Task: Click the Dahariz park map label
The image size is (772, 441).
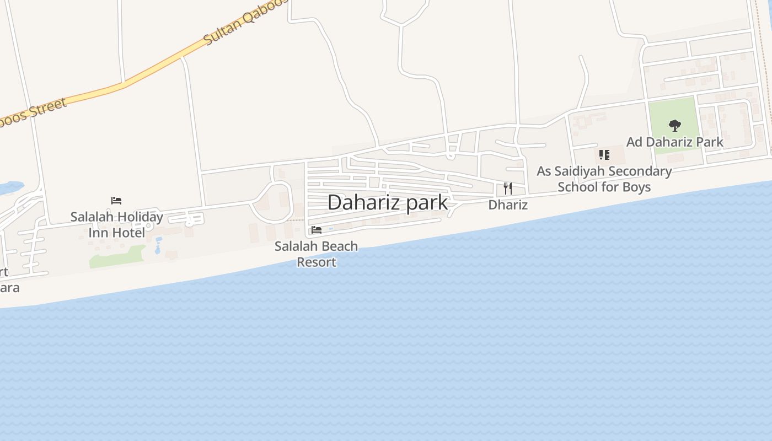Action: pos(387,202)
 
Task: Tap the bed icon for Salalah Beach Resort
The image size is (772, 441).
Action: pos(317,229)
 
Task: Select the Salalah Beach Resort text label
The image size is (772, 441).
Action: pos(317,254)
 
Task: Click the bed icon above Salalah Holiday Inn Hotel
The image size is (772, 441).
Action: pos(116,201)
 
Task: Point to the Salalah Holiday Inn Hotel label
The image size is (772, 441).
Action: pos(116,224)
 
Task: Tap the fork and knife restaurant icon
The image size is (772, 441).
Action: pos(508,189)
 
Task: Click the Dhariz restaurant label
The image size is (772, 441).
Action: pos(508,205)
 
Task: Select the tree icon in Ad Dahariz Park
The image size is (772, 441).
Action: pos(674,126)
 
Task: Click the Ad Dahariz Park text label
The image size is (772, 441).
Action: pos(674,142)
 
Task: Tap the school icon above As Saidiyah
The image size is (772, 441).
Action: pos(604,155)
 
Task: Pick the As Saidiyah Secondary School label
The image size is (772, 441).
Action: pos(604,179)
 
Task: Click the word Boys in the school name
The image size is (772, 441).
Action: pos(636,187)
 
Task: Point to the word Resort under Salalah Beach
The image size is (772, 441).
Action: pos(317,262)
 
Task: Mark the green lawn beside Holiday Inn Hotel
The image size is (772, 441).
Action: pos(116,256)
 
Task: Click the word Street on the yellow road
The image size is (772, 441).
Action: pos(48,109)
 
